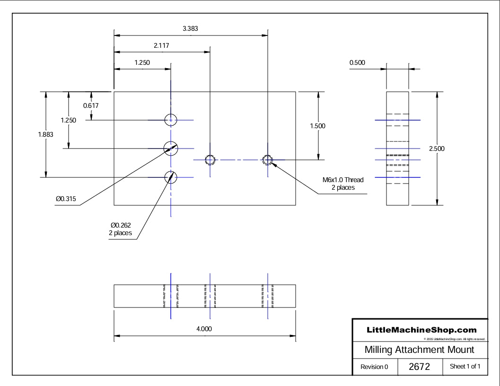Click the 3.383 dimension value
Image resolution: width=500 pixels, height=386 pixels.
[x=190, y=28]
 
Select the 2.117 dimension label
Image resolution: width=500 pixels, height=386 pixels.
[x=161, y=46]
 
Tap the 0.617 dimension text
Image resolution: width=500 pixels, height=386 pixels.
[x=91, y=105]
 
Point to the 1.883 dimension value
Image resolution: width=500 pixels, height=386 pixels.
[x=45, y=134]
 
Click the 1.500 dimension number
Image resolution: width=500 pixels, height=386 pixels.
[x=317, y=126]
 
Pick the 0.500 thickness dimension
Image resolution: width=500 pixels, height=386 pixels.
[x=357, y=62]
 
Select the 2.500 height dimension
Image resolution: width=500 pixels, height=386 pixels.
[x=437, y=149]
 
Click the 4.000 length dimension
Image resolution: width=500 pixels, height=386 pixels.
[x=204, y=329]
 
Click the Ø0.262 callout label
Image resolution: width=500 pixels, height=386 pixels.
[x=120, y=229]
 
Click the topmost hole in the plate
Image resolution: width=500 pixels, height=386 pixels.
[x=170, y=120]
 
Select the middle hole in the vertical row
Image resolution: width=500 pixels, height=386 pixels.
[x=170, y=148]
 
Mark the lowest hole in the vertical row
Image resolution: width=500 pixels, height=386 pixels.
[x=170, y=177]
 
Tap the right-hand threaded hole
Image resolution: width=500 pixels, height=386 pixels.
[x=268, y=159]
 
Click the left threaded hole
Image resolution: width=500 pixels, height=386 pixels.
[x=210, y=159]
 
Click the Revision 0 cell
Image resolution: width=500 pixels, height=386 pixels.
[x=374, y=367]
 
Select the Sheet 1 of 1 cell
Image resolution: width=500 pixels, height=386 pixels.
[x=465, y=367]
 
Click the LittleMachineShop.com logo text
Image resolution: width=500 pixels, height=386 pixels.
[x=421, y=330]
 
